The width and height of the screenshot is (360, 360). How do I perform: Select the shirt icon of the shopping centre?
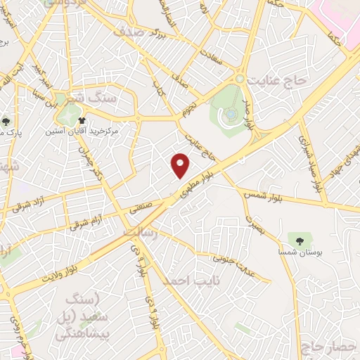click(82, 120)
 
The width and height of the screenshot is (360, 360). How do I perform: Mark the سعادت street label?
click(213, 60)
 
